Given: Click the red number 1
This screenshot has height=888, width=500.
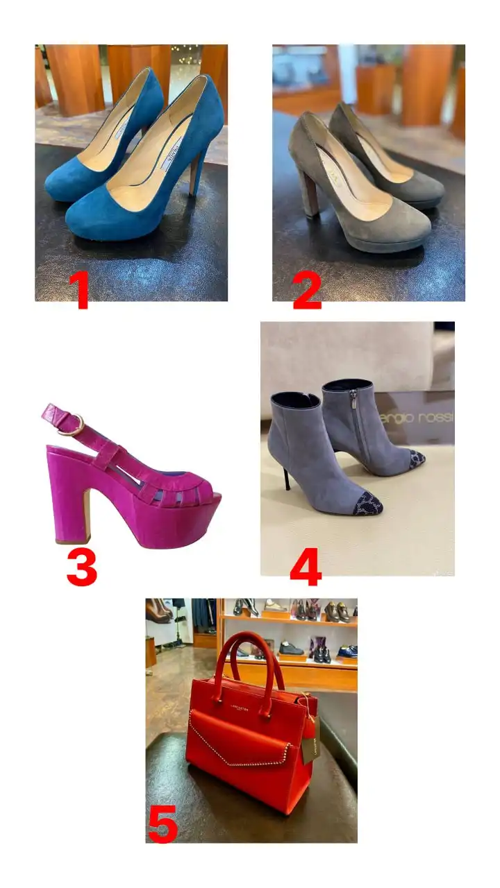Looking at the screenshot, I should click(x=81, y=292).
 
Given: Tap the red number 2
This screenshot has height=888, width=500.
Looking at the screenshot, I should click(x=306, y=292).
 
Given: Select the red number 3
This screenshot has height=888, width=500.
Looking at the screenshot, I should click(x=81, y=567).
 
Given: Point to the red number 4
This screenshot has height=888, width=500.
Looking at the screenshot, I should click(x=305, y=568).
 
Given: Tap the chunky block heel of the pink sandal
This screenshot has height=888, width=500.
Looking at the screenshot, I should click(x=70, y=493).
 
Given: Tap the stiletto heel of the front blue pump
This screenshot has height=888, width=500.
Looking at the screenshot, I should click(x=196, y=173).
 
